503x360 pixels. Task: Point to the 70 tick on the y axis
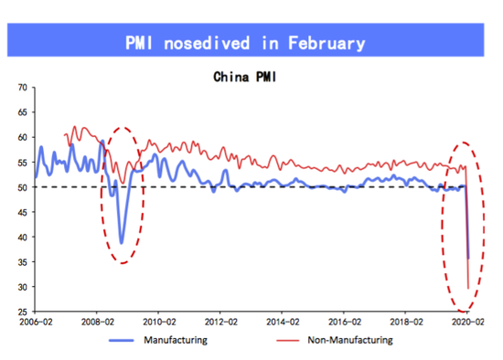pos(22,88)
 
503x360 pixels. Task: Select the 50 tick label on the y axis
pos(22,187)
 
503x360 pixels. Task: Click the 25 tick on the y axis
pos(22,312)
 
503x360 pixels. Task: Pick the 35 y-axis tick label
pos(22,262)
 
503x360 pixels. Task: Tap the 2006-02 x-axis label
pos(36,323)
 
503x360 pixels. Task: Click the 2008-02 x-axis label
pos(98,323)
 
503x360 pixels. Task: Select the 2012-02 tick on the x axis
pos(220,323)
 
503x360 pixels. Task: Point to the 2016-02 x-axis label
pos(345,323)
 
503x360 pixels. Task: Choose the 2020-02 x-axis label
pos(467,323)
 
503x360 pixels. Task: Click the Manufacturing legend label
pos(177,341)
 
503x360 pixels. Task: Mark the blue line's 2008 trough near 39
pos(122,242)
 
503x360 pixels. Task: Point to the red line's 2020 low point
pos(469,289)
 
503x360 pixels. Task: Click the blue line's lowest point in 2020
pos(468,258)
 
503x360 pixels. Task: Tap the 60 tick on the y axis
pos(22,137)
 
